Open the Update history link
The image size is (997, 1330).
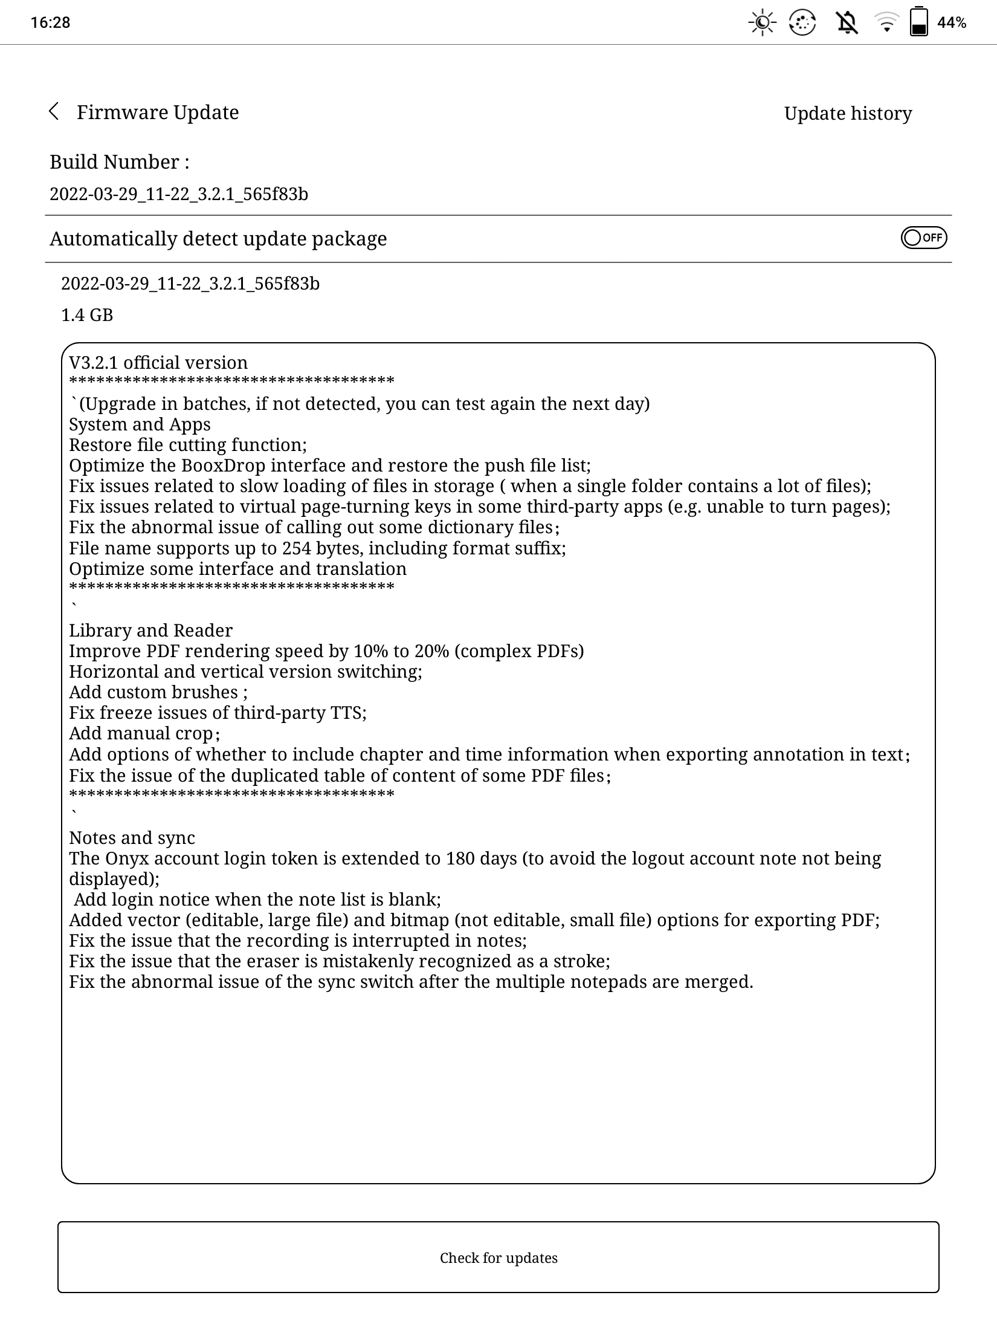[848, 114]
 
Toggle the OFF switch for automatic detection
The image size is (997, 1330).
[923, 238]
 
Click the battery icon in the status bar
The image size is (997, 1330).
[918, 22]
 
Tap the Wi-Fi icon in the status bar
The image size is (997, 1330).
[886, 23]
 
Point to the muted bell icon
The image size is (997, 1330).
[847, 23]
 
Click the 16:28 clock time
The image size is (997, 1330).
[51, 23]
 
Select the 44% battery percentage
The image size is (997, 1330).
[952, 23]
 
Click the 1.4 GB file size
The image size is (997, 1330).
[87, 315]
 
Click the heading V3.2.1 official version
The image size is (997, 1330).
[158, 363]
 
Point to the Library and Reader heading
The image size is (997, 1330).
[150, 631]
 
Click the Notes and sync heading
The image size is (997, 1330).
[132, 838]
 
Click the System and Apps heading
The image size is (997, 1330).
[140, 424]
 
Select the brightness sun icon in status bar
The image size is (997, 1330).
[763, 23]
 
